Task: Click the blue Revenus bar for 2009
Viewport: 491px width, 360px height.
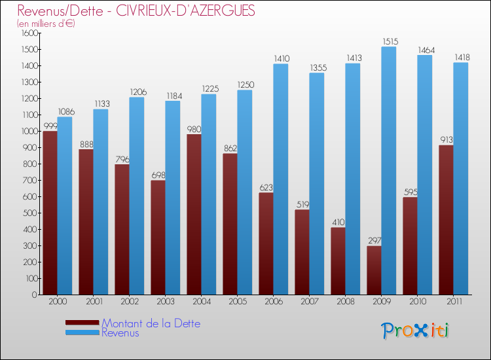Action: click(389, 170)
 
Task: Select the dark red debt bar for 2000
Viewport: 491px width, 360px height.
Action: click(50, 213)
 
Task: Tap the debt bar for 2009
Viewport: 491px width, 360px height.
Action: click(374, 270)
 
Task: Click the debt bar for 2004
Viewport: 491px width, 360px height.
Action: click(194, 214)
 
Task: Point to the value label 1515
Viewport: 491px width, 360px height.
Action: click(389, 41)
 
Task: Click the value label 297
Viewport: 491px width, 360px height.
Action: click(374, 240)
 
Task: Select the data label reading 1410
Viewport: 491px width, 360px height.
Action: click(281, 58)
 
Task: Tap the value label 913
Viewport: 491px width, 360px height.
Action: click(446, 139)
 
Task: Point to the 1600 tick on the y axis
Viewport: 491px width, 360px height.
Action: click(29, 33)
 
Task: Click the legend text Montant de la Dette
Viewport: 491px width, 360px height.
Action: click(151, 323)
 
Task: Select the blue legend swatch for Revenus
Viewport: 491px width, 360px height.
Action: click(82, 333)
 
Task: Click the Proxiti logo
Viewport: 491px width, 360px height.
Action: click(416, 331)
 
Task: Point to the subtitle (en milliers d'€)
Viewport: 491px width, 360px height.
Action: click(46, 24)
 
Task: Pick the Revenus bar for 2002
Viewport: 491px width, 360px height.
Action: click(137, 196)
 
